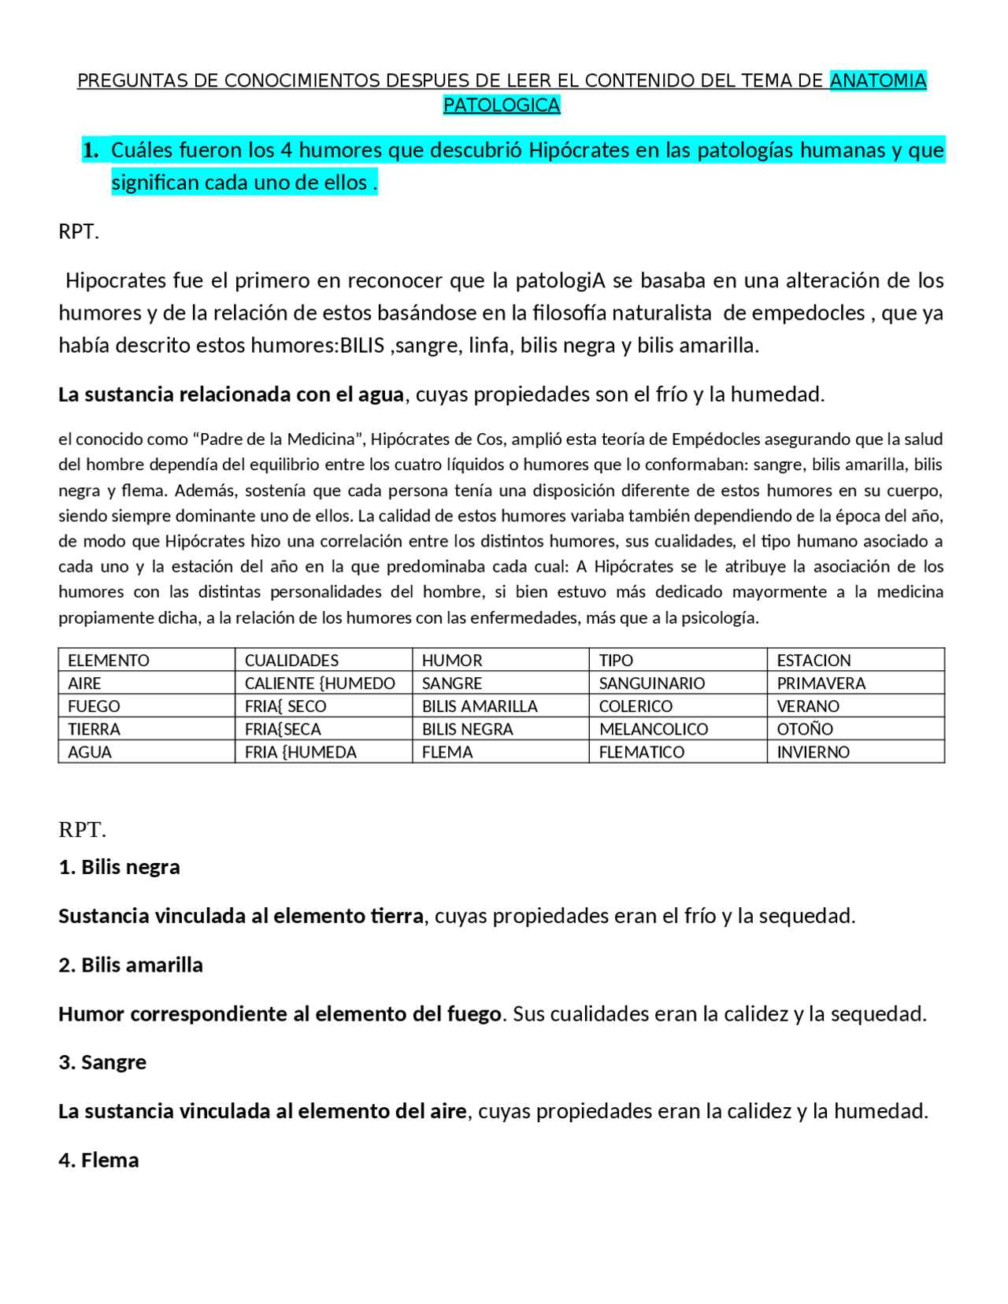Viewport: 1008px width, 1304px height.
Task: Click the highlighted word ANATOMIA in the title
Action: [x=877, y=80]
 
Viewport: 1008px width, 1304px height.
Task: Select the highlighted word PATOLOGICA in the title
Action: [x=502, y=105]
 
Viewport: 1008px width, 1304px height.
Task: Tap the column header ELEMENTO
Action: [x=109, y=660]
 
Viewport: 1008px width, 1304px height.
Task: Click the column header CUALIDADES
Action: [x=291, y=660]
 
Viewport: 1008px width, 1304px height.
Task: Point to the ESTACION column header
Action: [x=813, y=660]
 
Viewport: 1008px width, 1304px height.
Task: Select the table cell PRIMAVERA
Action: [x=821, y=683]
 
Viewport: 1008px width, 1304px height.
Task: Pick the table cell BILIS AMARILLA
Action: [x=480, y=706]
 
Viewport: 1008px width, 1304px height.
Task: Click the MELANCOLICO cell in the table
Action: [x=654, y=729]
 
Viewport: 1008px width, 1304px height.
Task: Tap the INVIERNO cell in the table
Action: [x=813, y=752]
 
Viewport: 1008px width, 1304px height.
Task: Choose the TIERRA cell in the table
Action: [x=94, y=729]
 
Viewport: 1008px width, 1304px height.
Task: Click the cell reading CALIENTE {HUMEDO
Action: [x=320, y=683]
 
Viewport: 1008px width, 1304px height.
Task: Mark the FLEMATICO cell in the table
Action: [x=642, y=752]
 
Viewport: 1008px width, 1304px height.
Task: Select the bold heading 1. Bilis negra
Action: [x=119, y=867]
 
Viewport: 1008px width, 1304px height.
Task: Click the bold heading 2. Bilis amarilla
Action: [x=131, y=965]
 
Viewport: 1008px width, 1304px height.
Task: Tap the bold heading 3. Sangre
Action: [x=102, y=1062]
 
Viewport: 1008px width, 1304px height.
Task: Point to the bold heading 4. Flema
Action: [x=98, y=1160]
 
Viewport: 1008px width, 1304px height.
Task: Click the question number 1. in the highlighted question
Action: [x=91, y=150]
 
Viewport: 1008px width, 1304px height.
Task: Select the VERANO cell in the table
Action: [x=808, y=706]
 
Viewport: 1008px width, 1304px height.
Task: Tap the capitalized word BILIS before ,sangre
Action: [x=361, y=345]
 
